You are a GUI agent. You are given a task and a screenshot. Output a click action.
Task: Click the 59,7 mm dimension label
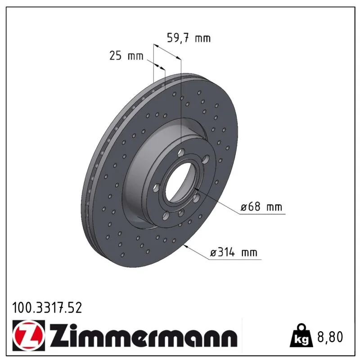[189, 38]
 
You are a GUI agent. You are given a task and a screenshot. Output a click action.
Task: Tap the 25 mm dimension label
[126, 56]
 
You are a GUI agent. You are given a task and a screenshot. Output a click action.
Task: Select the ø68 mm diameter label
[261, 207]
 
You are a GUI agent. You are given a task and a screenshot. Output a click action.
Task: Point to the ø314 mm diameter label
[234, 252]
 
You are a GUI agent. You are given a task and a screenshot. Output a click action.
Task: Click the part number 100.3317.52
[47, 308]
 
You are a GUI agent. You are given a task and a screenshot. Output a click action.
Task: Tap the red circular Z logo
[28, 335]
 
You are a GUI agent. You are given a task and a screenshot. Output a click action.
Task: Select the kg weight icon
[301, 336]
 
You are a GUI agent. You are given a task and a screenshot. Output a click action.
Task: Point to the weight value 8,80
[330, 337]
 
